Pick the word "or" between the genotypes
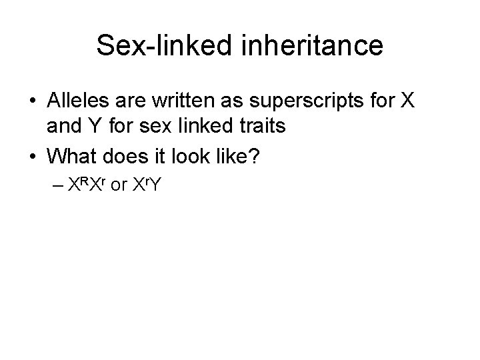click(x=120, y=184)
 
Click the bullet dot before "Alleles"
click(x=33, y=101)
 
